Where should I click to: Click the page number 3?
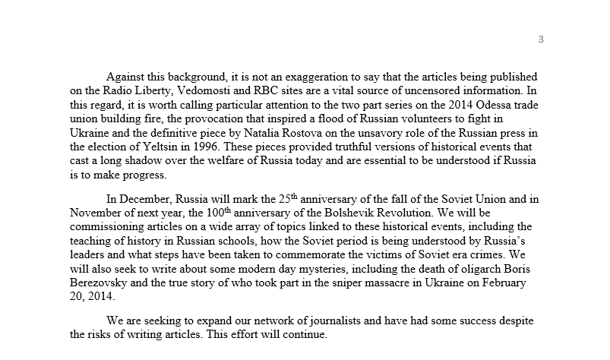point(540,39)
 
